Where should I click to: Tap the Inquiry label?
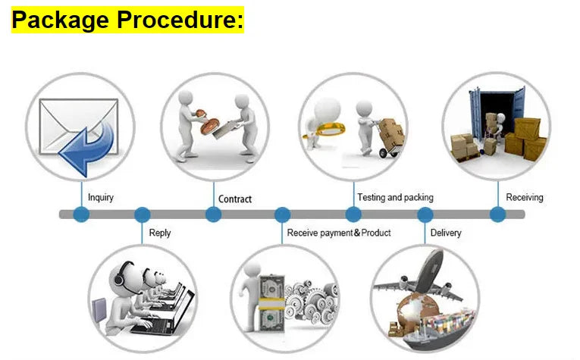point(101,198)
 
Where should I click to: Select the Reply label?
point(159,233)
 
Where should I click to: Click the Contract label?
point(235,199)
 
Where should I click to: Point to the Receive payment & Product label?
point(339,233)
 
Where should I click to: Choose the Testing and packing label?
point(395,198)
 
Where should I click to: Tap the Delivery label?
point(445,233)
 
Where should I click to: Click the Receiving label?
point(525,198)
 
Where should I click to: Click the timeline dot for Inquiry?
point(81,214)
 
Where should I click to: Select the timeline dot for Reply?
point(142,214)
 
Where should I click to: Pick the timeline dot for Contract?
point(214,214)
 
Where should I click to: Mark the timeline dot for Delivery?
point(425,214)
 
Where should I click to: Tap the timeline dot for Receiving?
point(497,214)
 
